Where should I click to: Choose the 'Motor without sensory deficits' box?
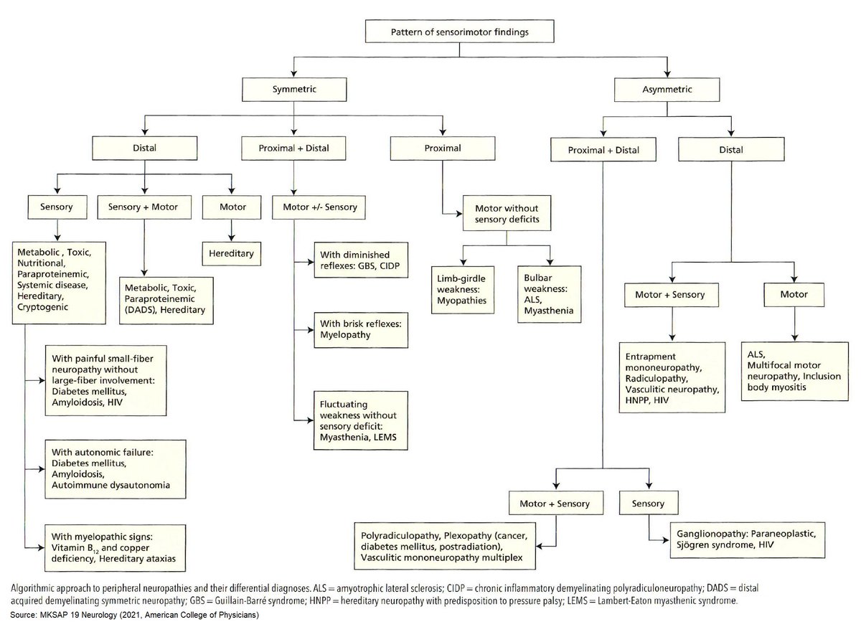tap(507, 212)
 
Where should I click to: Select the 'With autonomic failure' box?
tap(116, 470)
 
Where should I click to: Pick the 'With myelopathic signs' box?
tap(116, 547)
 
